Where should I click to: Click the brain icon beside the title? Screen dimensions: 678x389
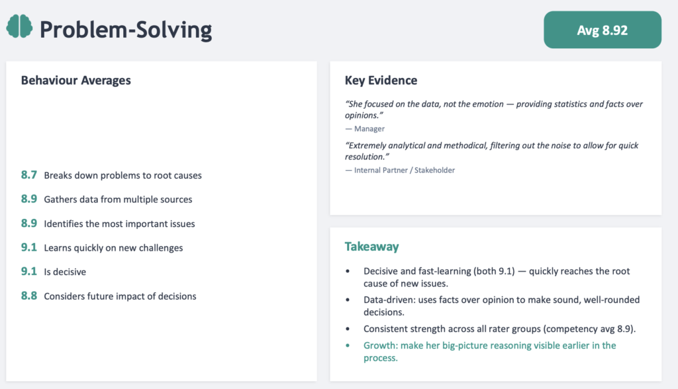click(19, 26)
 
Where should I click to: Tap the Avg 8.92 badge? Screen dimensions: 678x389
click(603, 30)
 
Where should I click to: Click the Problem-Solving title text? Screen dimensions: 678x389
click(126, 30)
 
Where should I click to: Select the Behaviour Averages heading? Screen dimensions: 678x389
click(75, 81)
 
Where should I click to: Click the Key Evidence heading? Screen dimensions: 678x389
click(381, 81)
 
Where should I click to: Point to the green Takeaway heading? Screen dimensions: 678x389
click(372, 246)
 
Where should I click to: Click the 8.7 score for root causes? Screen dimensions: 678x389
click(29, 175)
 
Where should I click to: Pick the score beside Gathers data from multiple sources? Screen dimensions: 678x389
click(29, 199)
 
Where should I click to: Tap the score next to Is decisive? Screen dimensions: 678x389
click(29, 271)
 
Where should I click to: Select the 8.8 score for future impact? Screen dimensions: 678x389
click(29, 296)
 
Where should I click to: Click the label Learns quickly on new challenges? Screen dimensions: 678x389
click(113, 247)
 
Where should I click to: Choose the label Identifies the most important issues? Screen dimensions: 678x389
click(119, 224)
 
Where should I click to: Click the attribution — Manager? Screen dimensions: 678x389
click(365, 129)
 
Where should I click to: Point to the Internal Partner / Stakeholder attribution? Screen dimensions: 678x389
click(400, 170)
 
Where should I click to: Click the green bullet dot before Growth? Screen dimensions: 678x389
click(348, 345)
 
